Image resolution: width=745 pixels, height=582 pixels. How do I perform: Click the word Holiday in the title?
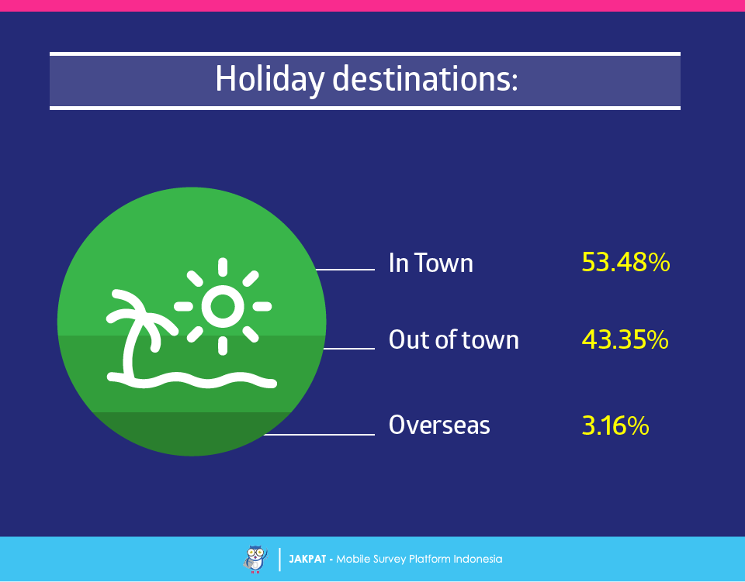click(269, 80)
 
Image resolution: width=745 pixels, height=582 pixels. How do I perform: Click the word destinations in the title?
click(424, 78)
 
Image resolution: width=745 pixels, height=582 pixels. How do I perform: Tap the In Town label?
click(431, 263)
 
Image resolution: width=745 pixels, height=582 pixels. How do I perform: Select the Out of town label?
click(454, 340)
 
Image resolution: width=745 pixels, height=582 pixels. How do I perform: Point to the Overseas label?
click(439, 425)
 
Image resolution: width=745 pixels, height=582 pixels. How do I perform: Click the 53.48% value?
click(625, 262)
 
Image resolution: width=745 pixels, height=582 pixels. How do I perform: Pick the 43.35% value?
click(625, 340)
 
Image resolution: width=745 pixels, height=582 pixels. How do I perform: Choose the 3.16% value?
click(615, 425)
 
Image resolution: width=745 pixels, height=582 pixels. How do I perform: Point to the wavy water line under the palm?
click(192, 381)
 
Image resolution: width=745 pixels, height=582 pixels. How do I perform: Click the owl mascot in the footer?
click(255, 560)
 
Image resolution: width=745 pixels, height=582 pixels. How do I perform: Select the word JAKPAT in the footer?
click(307, 560)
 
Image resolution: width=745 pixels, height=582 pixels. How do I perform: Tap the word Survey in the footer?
click(389, 560)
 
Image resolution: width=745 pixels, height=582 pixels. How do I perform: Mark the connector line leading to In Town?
click(345, 270)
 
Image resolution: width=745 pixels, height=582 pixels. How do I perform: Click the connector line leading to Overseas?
click(319, 434)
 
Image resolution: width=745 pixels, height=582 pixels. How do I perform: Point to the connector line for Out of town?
click(348, 349)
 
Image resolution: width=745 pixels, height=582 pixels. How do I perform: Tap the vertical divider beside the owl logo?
click(279, 560)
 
